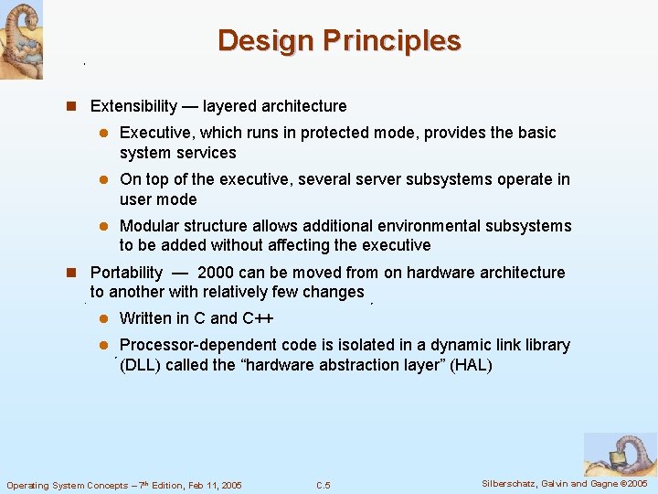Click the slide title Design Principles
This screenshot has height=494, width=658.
click(339, 41)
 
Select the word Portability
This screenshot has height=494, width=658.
click(126, 273)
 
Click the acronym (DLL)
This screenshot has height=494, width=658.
click(142, 365)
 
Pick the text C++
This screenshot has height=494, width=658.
click(258, 318)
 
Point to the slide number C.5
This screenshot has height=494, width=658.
click(323, 485)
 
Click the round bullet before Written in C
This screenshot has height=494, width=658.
click(104, 318)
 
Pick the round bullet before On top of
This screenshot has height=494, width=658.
click(104, 179)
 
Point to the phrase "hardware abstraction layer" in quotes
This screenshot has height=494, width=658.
click(342, 365)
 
